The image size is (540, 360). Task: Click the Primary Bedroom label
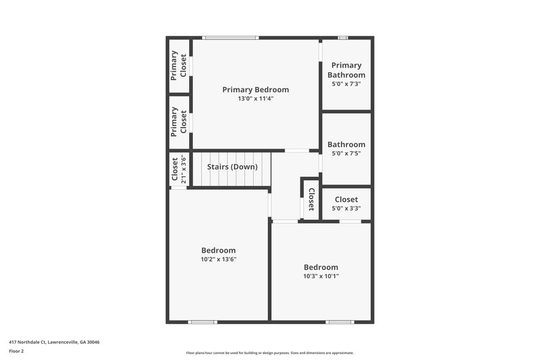point(256,89)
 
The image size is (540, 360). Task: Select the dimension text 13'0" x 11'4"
point(256,99)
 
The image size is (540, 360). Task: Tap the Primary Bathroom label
point(346,70)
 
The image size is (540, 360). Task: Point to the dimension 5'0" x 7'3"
point(346,84)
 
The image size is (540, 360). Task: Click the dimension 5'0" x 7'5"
point(346,153)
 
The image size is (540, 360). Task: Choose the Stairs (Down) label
point(232,167)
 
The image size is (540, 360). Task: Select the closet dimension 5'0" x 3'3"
point(346,209)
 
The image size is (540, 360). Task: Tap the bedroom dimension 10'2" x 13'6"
point(218,259)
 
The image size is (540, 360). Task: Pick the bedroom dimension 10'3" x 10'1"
point(321,276)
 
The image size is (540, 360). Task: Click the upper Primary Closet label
point(179,66)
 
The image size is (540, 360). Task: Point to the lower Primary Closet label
point(179,122)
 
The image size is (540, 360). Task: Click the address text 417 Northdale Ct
point(54,342)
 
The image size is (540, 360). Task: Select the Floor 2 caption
point(16,351)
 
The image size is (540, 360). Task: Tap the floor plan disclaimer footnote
point(269,353)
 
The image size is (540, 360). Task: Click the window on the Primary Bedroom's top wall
point(230,37)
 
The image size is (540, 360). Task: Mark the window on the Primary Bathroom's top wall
point(343,37)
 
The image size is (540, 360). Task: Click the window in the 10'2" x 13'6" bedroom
point(202,322)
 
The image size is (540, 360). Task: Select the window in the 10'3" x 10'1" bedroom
point(340,322)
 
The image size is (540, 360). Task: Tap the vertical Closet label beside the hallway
point(311,199)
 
